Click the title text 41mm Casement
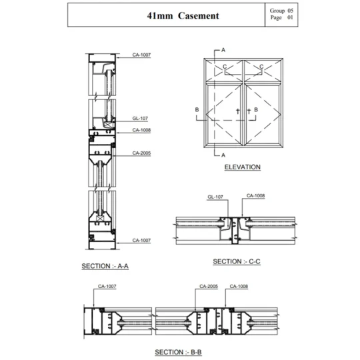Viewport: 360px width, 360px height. [x=183, y=15]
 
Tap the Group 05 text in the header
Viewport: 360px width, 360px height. [x=281, y=11]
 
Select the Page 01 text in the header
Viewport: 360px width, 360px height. [x=282, y=17]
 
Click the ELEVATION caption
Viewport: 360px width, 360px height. [x=243, y=167]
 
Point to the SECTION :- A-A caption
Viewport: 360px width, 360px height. [x=105, y=266]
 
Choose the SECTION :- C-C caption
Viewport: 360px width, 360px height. [x=237, y=261]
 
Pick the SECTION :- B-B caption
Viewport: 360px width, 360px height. [x=178, y=352]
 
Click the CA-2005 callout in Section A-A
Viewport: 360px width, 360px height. [x=141, y=153]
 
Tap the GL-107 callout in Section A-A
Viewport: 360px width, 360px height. [x=140, y=119]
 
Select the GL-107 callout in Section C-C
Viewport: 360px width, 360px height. [x=215, y=197]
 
